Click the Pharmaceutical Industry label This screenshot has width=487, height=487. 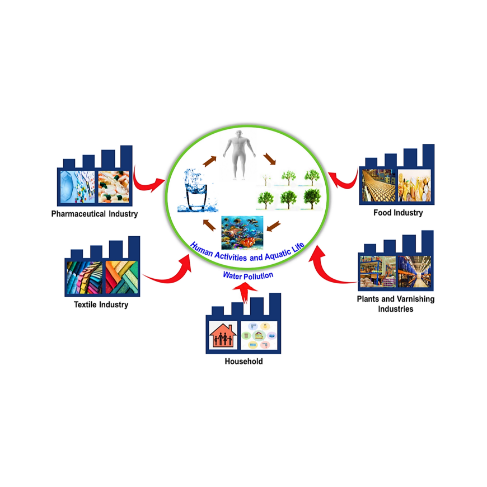94,214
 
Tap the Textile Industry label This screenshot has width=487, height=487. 101,305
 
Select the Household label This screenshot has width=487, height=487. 243,362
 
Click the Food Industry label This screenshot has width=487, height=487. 398,213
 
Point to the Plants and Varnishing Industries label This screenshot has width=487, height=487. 396,303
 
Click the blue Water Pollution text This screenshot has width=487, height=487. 248,275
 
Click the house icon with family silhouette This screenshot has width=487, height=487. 222,335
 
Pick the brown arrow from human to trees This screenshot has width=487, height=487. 270,160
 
